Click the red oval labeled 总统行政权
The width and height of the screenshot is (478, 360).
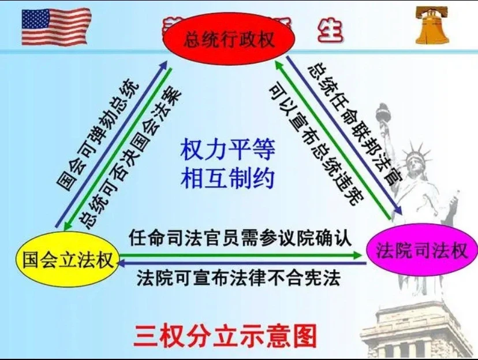pos(229,40)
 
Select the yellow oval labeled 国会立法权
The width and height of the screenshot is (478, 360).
pos(67,258)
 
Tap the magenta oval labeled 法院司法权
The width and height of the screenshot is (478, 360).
pos(421,250)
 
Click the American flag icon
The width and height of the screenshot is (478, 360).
pos(56,26)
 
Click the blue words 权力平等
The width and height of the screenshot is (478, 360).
pos(228,150)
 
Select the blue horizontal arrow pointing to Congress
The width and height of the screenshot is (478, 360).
pos(242,263)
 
